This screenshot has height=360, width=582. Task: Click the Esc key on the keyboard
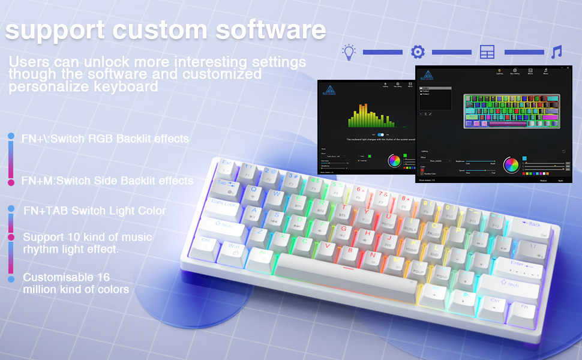tap(227, 164)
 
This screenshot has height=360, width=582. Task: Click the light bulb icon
tap(349, 52)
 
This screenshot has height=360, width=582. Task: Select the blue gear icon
tap(418, 52)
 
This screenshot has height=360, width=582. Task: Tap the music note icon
tap(557, 52)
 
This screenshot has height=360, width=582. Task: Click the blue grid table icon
tap(487, 52)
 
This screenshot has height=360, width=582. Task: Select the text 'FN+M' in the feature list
tap(38, 181)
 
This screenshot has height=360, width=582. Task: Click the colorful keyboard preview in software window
tap(512, 111)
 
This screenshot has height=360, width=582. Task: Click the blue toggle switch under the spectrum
tap(380, 135)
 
